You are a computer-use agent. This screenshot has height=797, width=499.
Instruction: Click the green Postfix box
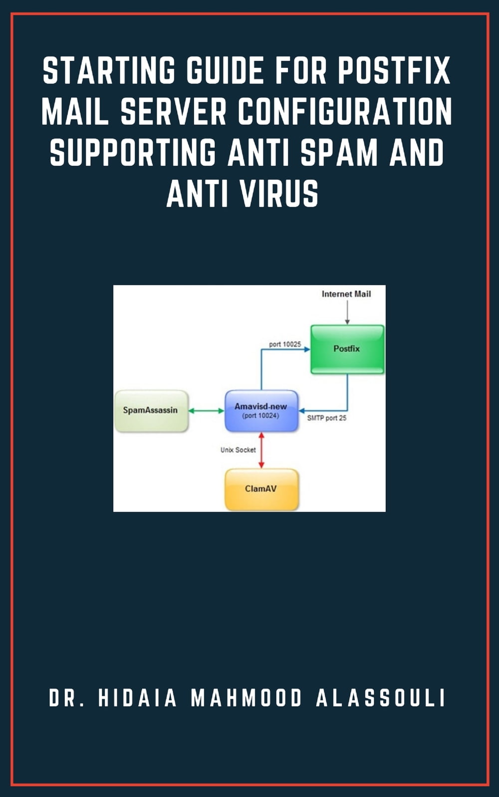(x=347, y=349)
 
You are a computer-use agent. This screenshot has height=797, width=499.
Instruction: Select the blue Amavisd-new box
(x=261, y=411)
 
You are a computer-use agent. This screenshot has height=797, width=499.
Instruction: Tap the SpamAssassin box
(x=151, y=410)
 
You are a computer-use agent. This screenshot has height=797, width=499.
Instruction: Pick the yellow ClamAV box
(x=261, y=489)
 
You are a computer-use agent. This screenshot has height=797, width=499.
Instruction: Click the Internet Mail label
(x=346, y=294)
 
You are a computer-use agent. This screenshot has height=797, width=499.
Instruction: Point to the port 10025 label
(x=285, y=344)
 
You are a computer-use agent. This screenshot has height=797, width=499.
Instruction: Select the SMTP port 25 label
(x=326, y=418)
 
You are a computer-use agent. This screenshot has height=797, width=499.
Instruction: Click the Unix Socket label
(x=238, y=450)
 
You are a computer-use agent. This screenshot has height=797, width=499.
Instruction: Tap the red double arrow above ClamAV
(x=261, y=450)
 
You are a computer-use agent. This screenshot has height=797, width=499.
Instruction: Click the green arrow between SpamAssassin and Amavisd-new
(x=206, y=410)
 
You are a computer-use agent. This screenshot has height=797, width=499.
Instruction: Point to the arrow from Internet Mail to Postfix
(x=347, y=313)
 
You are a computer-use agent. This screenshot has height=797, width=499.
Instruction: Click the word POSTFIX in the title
(x=394, y=70)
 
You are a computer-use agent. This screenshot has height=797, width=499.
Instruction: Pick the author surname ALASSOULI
(x=380, y=698)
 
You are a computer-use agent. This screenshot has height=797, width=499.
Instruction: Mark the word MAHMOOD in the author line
(x=247, y=698)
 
